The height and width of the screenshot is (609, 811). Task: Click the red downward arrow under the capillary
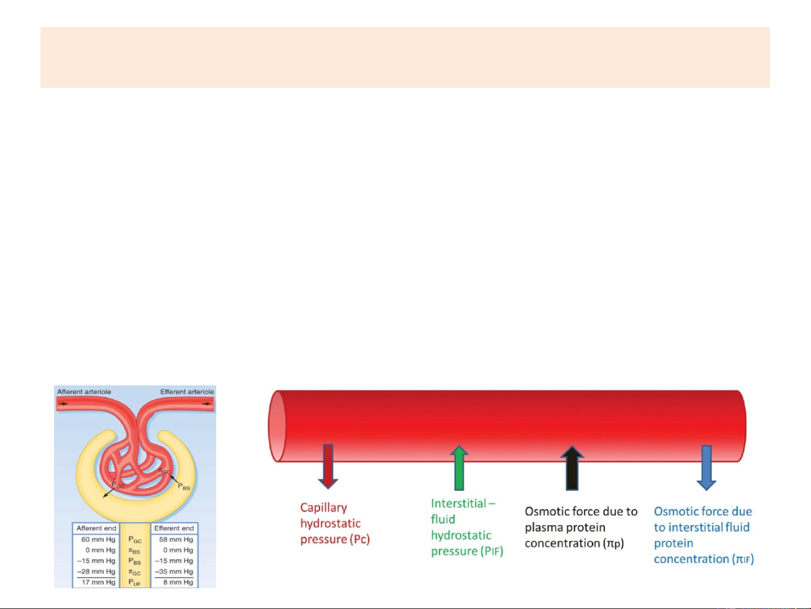click(328, 466)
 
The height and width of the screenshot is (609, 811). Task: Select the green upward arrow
click(459, 468)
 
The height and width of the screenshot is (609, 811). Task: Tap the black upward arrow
click(572, 468)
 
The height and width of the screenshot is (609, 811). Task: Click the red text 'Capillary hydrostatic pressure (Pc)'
click(334, 523)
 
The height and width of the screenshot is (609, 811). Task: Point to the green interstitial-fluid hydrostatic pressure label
click(467, 527)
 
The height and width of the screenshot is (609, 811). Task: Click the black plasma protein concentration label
click(581, 527)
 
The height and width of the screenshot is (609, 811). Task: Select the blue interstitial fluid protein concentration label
click(704, 535)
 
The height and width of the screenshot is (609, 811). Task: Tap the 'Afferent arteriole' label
click(84, 392)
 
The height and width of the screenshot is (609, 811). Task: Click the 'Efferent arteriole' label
click(187, 392)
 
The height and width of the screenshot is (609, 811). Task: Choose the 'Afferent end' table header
click(96, 528)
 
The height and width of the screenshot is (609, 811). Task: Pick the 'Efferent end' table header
click(174, 528)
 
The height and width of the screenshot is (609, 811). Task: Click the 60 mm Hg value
click(98, 540)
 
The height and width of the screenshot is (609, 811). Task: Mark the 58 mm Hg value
click(176, 540)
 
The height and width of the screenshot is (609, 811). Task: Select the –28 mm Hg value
click(96, 572)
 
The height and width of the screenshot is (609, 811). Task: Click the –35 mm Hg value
click(174, 572)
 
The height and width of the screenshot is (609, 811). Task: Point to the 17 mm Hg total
click(98, 583)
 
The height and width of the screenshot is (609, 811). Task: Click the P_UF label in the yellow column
click(135, 583)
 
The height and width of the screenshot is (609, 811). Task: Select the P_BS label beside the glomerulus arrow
click(184, 487)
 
